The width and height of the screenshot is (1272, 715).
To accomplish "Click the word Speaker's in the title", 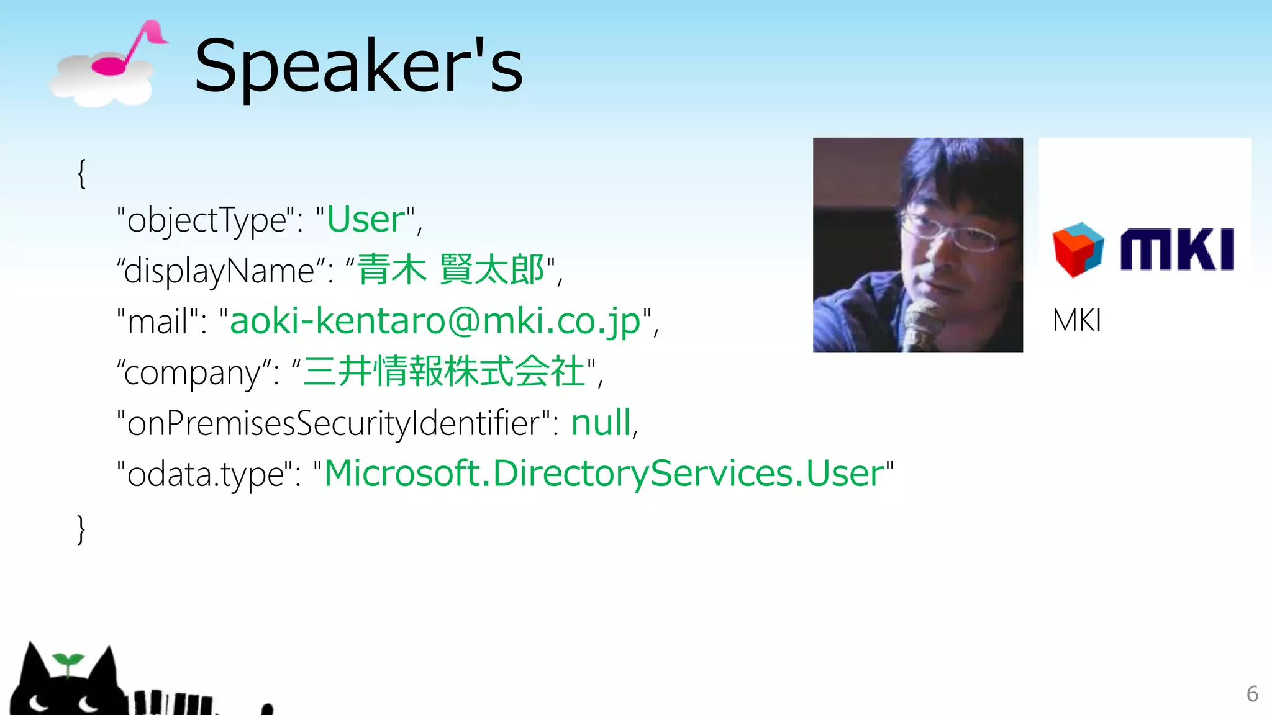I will tap(358, 65).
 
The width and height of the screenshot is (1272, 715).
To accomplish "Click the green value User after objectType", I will tap(366, 220).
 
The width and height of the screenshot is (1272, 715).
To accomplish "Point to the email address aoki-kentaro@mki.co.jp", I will tap(435, 322).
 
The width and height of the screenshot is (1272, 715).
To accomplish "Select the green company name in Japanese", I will tap(445, 372).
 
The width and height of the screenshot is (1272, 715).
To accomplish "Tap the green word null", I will tap(601, 423).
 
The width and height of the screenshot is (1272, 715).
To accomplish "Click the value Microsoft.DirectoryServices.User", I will tap(604, 474).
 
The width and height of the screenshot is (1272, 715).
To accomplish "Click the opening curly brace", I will tap(81, 174).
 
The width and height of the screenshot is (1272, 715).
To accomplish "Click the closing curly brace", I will tap(81, 529).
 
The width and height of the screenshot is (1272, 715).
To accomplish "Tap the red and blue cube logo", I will tap(1078, 250).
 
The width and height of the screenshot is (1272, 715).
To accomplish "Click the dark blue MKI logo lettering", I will tap(1177, 250).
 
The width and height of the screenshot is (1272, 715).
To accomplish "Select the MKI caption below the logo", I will tap(1076, 321).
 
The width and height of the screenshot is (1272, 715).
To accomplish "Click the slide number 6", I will tap(1252, 694).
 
